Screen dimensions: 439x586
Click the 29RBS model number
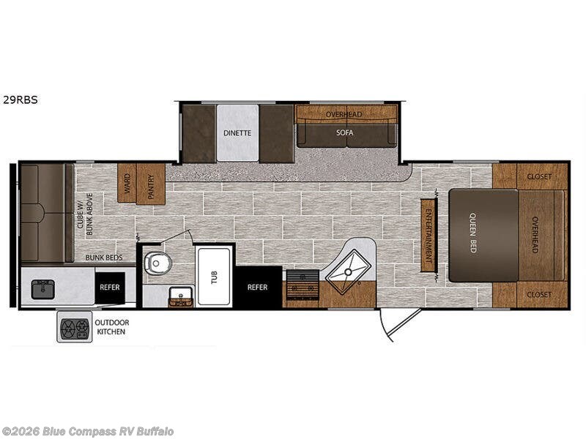click(x=19, y=101)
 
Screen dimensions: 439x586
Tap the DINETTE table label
click(x=237, y=133)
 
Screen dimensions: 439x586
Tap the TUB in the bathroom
click(x=213, y=276)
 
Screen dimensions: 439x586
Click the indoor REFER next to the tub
click(x=258, y=287)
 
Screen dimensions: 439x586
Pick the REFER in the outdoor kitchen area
click(x=110, y=288)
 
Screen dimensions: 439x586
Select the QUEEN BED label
click(x=472, y=236)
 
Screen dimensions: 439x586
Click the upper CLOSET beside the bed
click(x=542, y=176)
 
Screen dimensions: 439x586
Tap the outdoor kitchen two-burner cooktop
click(x=74, y=327)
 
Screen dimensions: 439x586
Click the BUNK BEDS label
click(x=102, y=258)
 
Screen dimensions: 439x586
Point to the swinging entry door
click(x=400, y=323)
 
